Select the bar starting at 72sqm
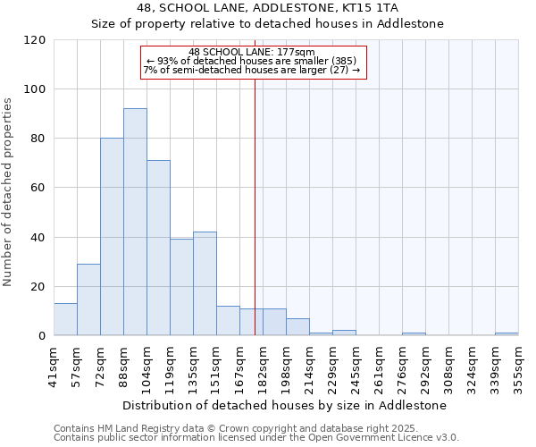click(112, 237)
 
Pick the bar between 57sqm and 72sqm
click(88, 299)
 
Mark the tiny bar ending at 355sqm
click(507, 333)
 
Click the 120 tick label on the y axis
click(35, 40)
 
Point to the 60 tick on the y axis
click(38, 188)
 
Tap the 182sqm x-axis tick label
click(263, 362)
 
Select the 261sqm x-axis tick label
click(379, 362)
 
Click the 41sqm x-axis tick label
click(54, 362)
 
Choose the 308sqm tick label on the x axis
click(448, 362)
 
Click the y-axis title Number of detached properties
click(9, 193)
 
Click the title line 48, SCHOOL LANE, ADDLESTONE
click(268, 8)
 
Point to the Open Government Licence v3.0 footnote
click(256, 437)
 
